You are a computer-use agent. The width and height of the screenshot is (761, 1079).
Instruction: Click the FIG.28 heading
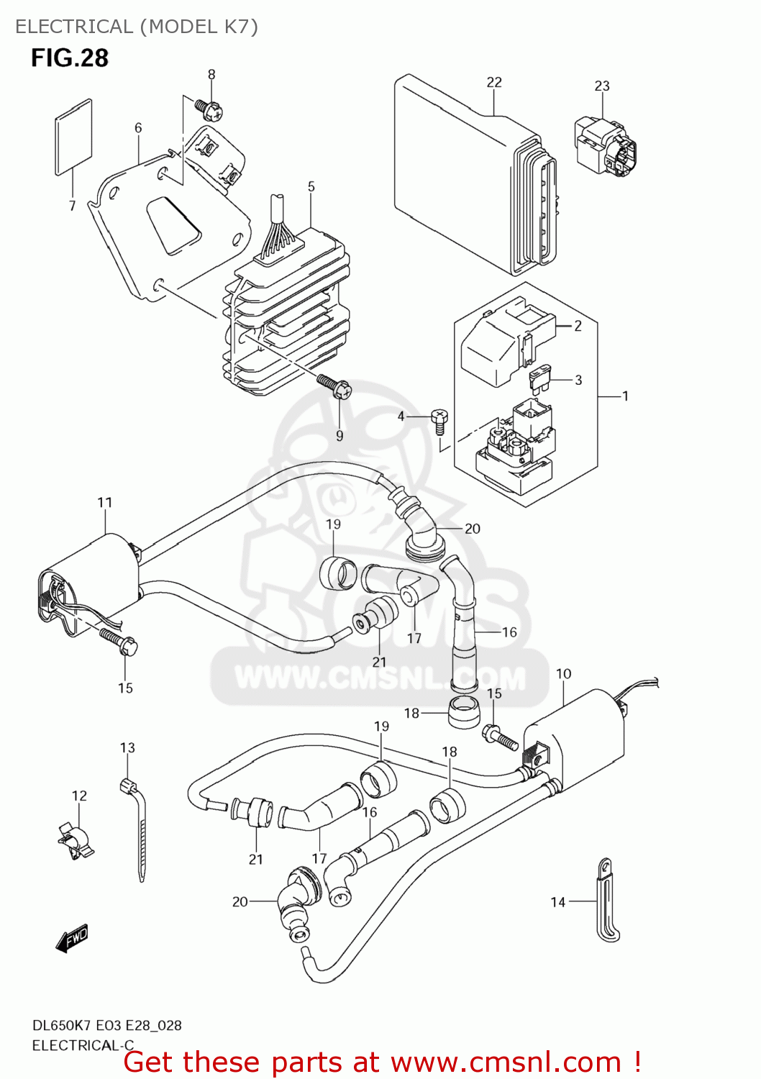coord(70,58)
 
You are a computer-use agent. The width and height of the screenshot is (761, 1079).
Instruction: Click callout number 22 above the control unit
coord(494,82)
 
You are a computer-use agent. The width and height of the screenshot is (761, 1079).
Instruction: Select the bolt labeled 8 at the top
coord(209,109)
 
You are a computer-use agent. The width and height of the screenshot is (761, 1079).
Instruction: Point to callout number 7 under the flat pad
coord(72,206)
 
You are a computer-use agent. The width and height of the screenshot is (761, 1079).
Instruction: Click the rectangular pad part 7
coord(74,137)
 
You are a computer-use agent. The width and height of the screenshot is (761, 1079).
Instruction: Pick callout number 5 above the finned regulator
coord(311,186)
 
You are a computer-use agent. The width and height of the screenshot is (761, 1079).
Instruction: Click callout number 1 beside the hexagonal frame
coord(625,396)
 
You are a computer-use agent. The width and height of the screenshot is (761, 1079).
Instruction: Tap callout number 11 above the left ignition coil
coord(105,502)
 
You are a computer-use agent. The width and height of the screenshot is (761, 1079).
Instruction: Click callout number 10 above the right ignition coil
coord(564,673)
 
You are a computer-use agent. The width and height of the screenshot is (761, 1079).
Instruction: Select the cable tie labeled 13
coord(137,827)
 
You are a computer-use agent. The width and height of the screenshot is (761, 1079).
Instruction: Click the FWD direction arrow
coord(73,939)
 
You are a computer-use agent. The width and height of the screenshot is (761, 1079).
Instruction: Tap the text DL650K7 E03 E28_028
coord(106,1025)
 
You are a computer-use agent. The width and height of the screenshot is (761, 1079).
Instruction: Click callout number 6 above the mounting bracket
coord(138,127)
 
